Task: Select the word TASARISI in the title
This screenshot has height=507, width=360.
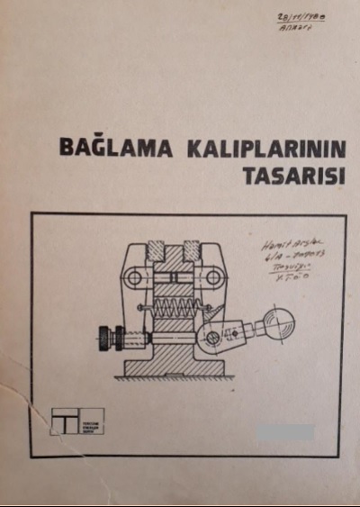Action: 295,175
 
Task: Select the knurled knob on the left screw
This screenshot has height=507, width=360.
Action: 112,340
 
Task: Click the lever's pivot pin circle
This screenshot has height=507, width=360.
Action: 212,339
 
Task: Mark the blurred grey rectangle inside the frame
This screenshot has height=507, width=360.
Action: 283,432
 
